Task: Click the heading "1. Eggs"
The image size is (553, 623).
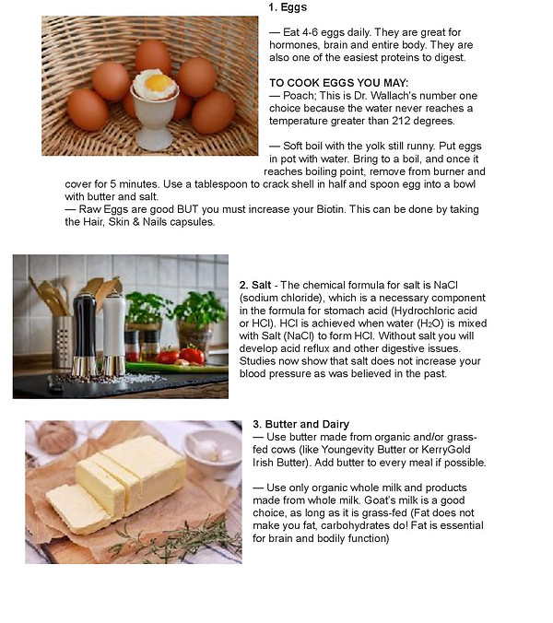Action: point(288,7)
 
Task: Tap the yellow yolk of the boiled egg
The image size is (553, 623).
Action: point(157,83)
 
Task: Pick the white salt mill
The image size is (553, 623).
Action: point(114,335)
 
